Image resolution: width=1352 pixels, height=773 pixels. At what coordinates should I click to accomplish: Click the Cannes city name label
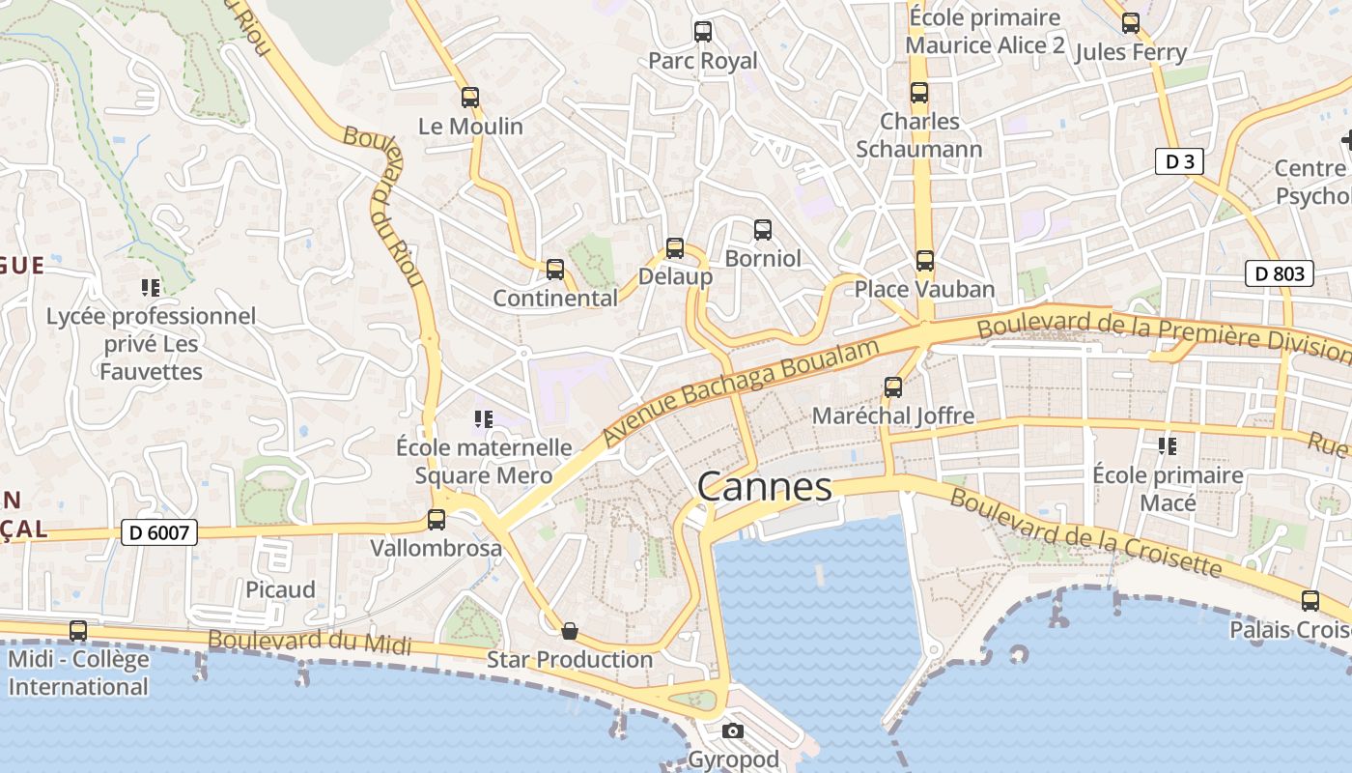[x=764, y=487]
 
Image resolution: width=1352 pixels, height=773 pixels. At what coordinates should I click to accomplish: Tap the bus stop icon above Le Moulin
[x=470, y=98]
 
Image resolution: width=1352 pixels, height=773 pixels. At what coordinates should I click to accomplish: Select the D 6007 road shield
[x=159, y=531]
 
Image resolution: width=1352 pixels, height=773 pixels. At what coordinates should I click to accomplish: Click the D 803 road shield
[x=1281, y=273]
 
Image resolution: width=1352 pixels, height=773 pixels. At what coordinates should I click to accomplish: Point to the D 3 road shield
[x=1180, y=161]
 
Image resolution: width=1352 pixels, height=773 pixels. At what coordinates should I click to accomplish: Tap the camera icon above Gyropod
[x=733, y=730]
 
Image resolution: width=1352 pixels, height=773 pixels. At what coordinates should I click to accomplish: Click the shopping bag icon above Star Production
[x=570, y=631]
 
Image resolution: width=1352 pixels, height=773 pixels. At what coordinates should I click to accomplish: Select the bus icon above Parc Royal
[x=703, y=32]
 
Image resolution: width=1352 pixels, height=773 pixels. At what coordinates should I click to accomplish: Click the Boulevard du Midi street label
[x=309, y=642]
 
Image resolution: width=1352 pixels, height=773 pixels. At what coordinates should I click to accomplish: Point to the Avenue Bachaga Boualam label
[x=743, y=391]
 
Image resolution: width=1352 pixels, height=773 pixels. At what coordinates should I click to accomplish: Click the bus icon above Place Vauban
[x=925, y=261]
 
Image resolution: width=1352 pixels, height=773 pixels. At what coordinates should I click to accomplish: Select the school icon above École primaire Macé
[x=1168, y=446]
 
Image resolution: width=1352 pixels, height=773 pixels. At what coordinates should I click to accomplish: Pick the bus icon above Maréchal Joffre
[x=893, y=387]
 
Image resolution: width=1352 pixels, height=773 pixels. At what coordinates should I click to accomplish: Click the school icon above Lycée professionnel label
[x=151, y=287]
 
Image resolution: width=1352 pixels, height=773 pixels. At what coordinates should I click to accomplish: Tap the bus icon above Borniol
[x=763, y=230]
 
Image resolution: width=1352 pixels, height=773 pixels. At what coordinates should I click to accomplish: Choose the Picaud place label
[x=280, y=589]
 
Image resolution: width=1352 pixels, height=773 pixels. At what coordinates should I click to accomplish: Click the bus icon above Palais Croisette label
[x=1310, y=601]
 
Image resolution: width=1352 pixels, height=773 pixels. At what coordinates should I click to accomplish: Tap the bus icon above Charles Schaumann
[x=919, y=93]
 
